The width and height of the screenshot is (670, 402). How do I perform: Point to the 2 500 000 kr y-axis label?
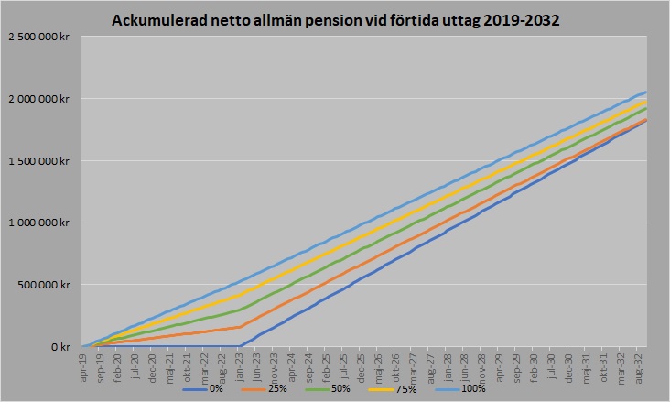(40, 37)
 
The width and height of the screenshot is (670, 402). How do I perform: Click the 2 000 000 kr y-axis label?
(40, 99)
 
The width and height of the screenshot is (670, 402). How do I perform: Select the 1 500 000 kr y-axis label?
(40, 161)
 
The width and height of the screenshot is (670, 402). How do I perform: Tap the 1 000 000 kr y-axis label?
(40, 223)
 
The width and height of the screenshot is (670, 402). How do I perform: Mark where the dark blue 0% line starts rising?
(240, 346)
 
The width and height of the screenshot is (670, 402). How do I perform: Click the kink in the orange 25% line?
(241, 326)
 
